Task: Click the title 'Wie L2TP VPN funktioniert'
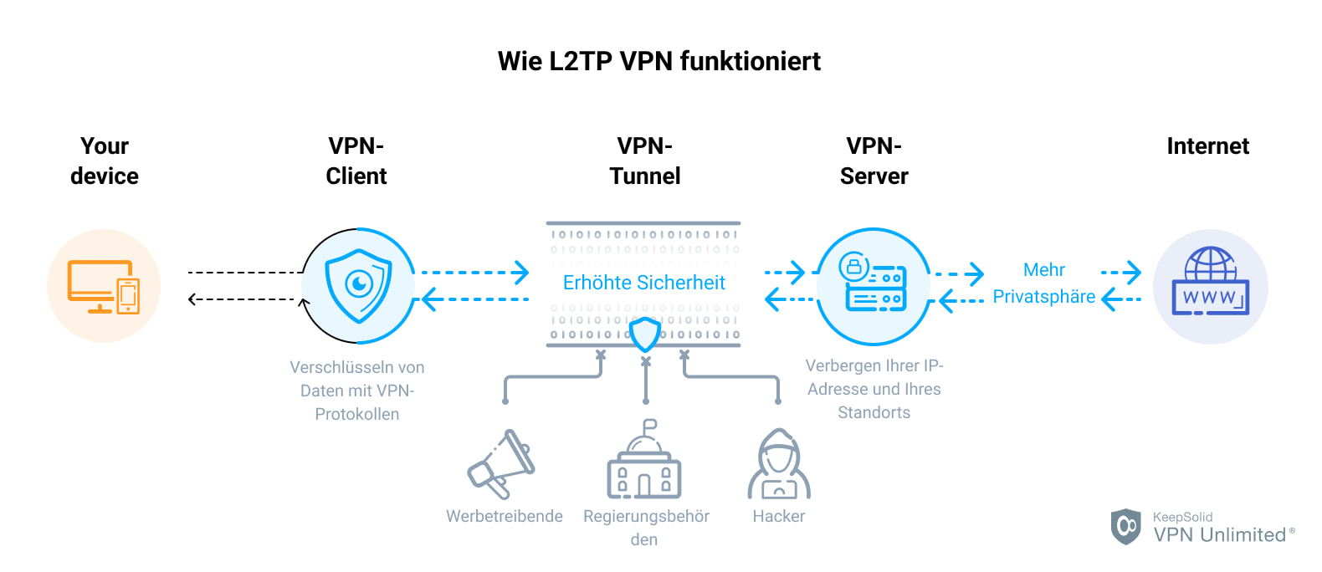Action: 659,61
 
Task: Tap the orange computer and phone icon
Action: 104,286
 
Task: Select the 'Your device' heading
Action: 105,161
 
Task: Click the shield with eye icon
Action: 358,286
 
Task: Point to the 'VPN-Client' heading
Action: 356,161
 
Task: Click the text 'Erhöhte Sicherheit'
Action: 643,283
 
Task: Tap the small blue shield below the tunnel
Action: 645,335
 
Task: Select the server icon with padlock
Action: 873,286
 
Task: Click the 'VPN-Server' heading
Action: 874,161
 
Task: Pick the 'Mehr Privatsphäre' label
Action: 1043,283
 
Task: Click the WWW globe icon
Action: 1210,283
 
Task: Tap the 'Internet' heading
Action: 1207,146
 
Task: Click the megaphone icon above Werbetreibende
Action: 502,464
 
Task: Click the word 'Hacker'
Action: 778,516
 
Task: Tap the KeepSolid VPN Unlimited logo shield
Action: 1125,526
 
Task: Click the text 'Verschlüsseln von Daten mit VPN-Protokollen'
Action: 357,391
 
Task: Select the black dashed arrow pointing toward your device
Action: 243,299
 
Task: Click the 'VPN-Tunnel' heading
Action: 644,161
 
